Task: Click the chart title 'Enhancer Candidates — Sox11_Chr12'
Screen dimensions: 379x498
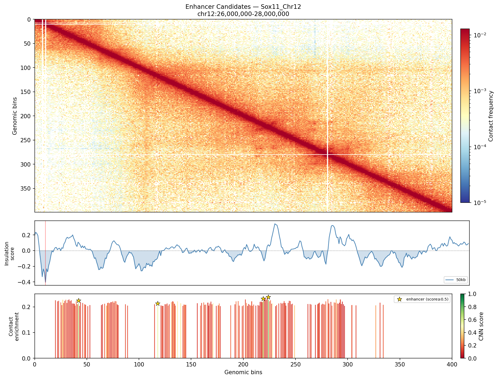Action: point(243,7)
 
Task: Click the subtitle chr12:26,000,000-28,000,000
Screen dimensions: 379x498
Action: point(243,14)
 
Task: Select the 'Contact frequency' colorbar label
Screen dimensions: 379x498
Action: point(491,116)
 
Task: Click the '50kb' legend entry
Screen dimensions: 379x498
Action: point(456,280)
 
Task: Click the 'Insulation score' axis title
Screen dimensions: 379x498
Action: point(9,253)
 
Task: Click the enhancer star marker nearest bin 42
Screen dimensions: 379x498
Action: point(79,301)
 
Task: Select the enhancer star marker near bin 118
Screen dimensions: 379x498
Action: point(158,303)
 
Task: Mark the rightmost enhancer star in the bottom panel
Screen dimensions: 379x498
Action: point(269,297)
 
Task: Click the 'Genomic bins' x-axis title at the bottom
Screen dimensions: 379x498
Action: point(243,372)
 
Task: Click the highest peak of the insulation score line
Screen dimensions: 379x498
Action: point(275,224)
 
